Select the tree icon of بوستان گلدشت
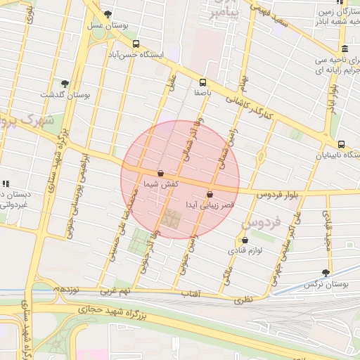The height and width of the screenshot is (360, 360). tap(65, 83)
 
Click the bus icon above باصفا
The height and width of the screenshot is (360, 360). tap(203, 82)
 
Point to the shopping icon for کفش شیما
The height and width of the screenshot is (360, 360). tap(160, 172)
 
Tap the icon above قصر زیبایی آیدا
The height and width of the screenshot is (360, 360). tap(209, 194)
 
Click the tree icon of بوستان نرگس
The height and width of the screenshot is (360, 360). tap(325, 272)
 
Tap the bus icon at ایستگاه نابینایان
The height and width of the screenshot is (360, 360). tap(341, 143)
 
